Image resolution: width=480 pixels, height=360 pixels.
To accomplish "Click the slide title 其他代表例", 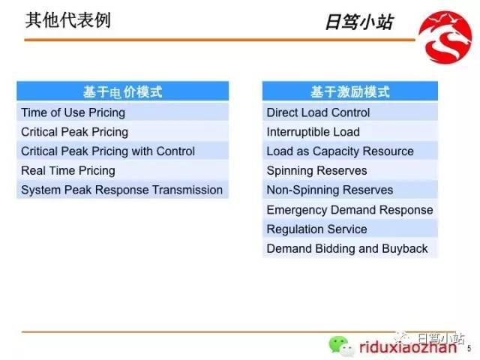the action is pyautogui.click(x=68, y=20).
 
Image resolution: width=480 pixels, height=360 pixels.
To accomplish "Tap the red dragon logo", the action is pyautogui.click(x=445, y=37).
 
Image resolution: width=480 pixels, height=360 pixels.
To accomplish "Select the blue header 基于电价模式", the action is pyautogui.click(x=122, y=91).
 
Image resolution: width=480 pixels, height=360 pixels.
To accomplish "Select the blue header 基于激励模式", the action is pyautogui.click(x=350, y=91).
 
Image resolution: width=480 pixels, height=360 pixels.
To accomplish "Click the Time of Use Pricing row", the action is pyautogui.click(x=122, y=112).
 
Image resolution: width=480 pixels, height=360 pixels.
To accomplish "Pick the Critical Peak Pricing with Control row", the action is pyautogui.click(x=122, y=151).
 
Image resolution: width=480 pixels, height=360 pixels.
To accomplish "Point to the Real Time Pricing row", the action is pyautogui.click(x=122, y=170).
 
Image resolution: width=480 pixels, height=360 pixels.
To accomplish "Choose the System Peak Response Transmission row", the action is pyautogui.click(x=122, y=190).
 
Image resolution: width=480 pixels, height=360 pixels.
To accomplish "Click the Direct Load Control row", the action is pyautogui.click(x=350, y=112).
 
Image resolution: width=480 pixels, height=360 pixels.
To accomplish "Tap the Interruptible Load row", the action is pyautogui.click(x=350, y=132).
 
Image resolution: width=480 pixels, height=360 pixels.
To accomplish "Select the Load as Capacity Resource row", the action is pyautogui.click(x=350, y=151).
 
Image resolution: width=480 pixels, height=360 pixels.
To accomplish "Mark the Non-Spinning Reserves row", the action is pyautogui.click(x=350, y=190).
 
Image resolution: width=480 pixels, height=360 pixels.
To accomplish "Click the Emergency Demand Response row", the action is pyautogui.click(x=350, y=210).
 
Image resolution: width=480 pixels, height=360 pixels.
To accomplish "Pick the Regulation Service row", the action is pyautogui.click(x=350, y=229).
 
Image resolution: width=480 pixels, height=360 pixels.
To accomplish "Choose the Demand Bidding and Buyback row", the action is pyautogui.click(x=350, y=248).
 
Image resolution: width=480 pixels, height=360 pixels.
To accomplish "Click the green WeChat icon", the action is pyautogui.click(x=340, y=346).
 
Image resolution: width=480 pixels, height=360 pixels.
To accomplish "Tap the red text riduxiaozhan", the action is pyautogui.click(x=408, y=347).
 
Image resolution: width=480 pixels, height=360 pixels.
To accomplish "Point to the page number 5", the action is pyautogui.click(x=469, y=348).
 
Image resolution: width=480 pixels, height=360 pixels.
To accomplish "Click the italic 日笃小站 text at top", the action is pyautogui.click(x=359, y=22).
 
